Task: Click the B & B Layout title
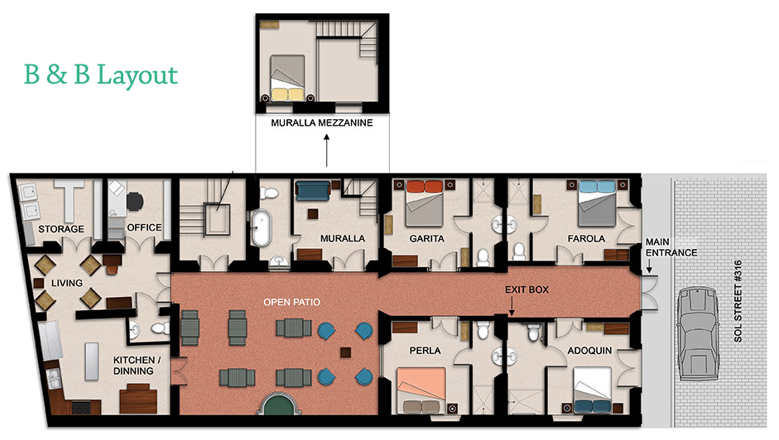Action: (x=101, y=75)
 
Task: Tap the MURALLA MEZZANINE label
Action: (x=322, y=122)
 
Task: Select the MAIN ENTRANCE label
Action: (x=671, y=247)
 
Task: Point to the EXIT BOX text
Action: (x=527, y=289)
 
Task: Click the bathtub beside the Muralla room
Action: (x=262, y=228)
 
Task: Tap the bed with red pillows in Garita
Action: (x=425, y=203)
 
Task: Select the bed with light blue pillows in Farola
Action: (x=597, y=203)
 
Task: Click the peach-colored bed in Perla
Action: (x=421, y=390)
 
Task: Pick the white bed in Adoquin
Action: (x=592, y=390)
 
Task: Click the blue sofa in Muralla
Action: (x=313, y=191)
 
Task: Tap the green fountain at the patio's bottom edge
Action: (x=279, y=404)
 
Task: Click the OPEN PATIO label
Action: (x=291, y=302)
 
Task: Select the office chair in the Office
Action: (x=135, y=201)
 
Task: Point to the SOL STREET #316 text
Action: (x=738, y=301)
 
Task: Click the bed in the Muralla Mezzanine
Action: (x=287, y=78)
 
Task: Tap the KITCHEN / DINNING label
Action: (x=133, y=366)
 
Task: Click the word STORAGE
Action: (x=61, y=229)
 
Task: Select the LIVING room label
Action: (x=66, y=283)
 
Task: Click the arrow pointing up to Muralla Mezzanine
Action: (x=326, y=150)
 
